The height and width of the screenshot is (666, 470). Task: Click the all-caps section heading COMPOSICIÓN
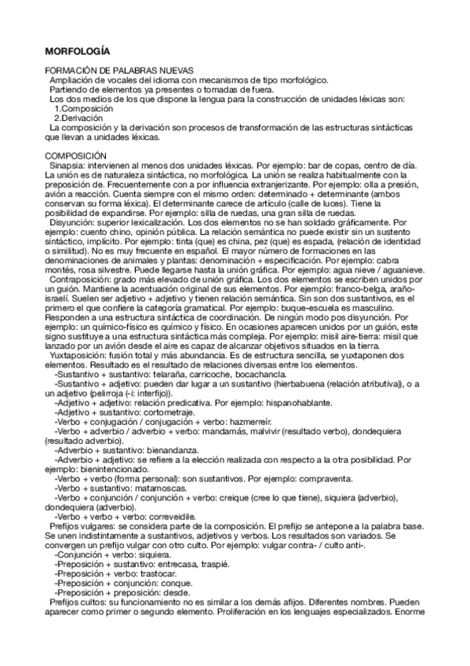pos(76,156)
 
